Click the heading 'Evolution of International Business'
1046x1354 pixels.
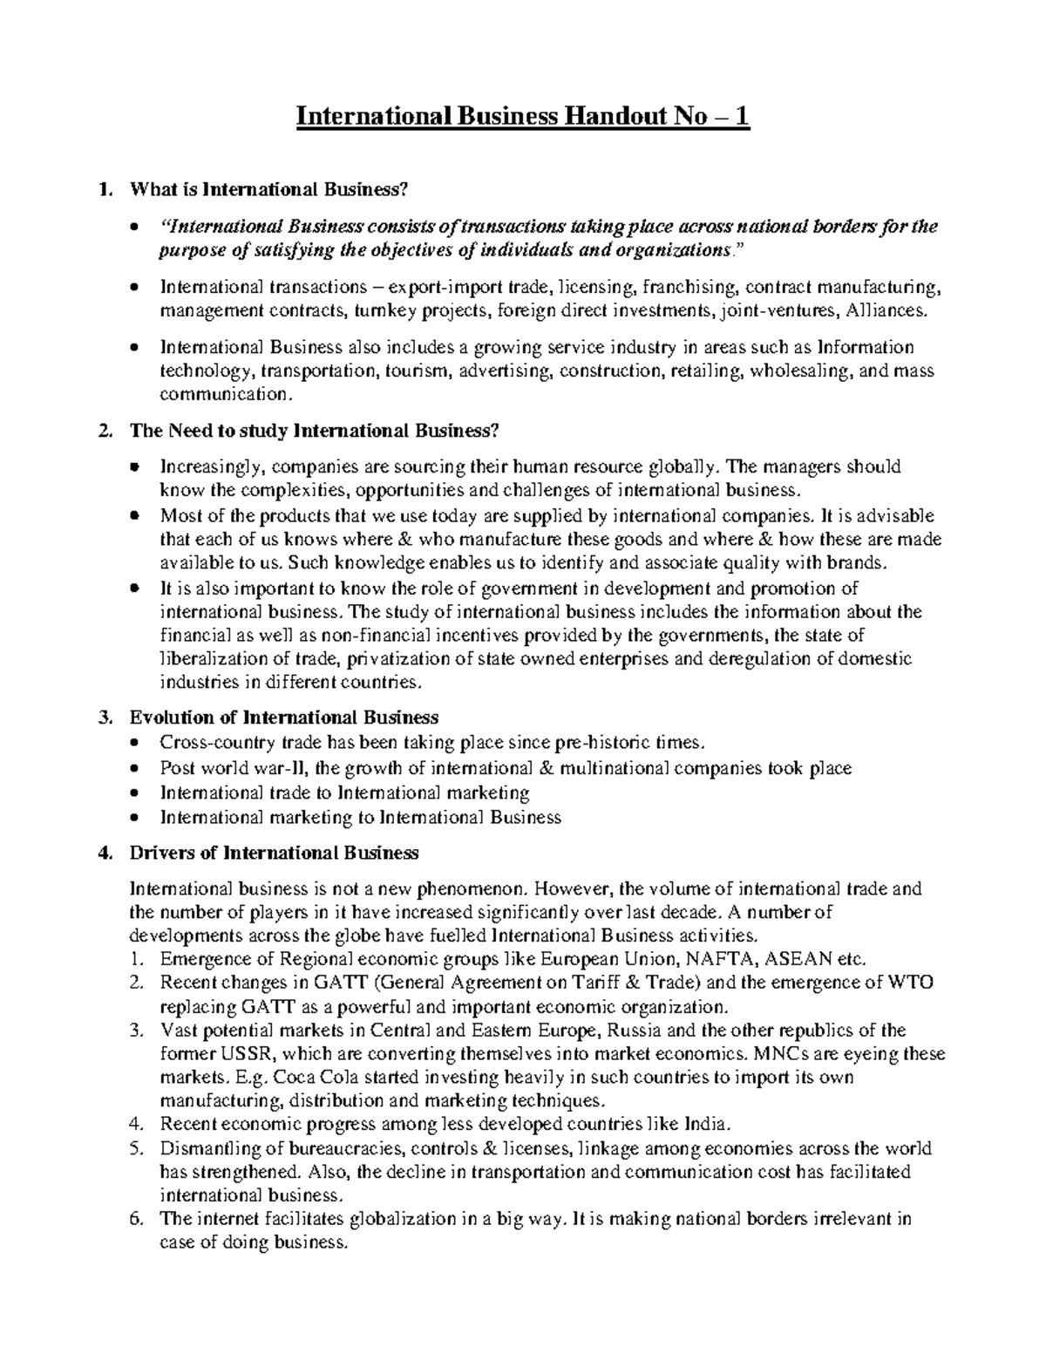pyautogui.click(x=283, y=718)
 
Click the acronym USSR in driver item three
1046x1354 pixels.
pyautogui.click(x=247, y=1053)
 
